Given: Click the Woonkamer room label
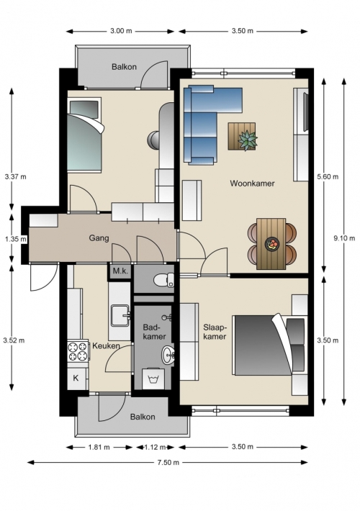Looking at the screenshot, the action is [x=252, y=183].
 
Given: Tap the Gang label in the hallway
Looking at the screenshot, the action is [x=99, y=238].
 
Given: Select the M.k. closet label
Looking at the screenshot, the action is [x=120, y=271].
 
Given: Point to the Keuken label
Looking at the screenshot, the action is [x=106, y=345].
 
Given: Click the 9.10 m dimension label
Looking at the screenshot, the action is [x=344, y=238].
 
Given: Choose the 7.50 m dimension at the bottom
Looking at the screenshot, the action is [x=168, y=463].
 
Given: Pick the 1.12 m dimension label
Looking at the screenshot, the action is [x=155, y=447].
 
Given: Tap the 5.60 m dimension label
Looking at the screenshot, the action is [x=328, y=176].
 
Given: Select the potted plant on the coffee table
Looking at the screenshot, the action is [x=248, y=140].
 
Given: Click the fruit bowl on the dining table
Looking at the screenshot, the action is [x=271, y=244].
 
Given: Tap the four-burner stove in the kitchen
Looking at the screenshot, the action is [x=78, y=351].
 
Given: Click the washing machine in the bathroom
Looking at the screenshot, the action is [x=152, y=379].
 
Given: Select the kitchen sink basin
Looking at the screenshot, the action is [x=120, y=315].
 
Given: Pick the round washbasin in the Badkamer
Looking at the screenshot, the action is [x=168, y=355].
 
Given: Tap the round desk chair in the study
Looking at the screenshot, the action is [x=153, y=140].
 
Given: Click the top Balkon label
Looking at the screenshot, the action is [x=124, y=67].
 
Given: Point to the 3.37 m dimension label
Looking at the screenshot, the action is [x=15, y=176].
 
